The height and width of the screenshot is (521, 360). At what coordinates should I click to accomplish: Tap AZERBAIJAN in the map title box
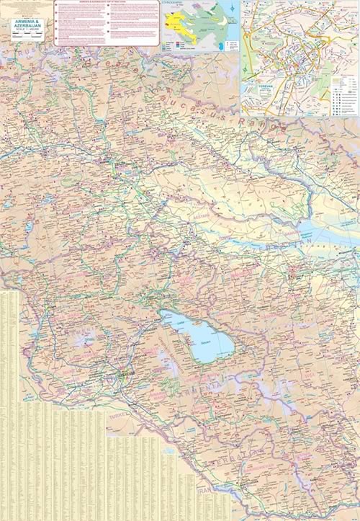29,27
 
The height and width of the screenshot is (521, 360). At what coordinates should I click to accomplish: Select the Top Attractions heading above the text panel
107,3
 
